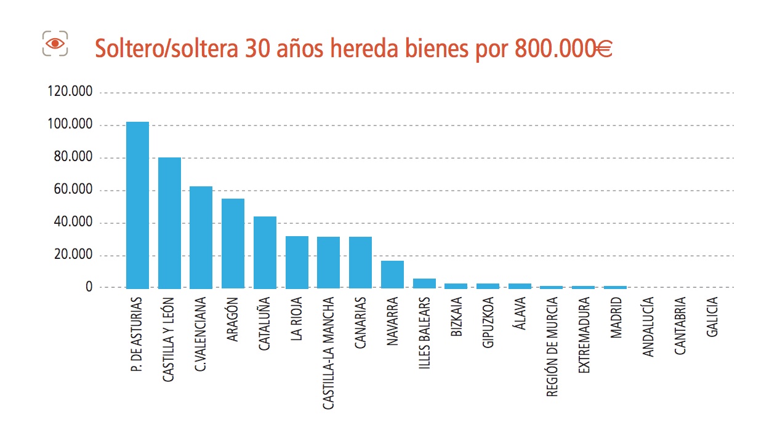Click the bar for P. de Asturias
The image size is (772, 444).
(137, 205)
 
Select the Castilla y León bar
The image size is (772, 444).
(169, 223)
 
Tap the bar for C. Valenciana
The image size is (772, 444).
(201, 237)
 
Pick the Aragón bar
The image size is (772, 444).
(233, 243)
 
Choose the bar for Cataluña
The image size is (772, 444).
(265, 252)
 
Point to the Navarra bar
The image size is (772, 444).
(392, 274)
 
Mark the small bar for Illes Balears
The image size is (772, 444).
(424, 283)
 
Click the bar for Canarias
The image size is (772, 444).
(360, 262)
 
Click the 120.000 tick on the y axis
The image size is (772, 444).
(70, 92)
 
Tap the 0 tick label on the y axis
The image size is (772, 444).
(89, 287)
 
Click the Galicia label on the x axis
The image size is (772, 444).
(712, 317)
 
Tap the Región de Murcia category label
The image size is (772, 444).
(552, 347)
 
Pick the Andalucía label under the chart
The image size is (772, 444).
(648, 327)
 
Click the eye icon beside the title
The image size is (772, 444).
(55, 43)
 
